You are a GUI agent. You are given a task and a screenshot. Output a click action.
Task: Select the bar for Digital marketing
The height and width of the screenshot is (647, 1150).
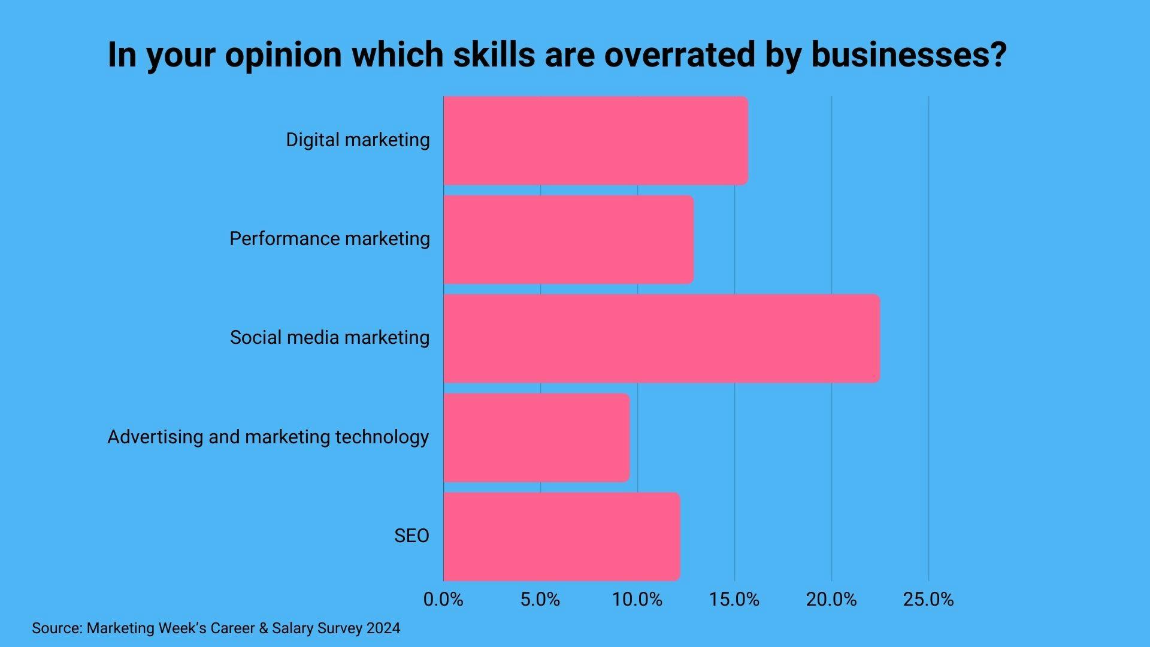tap(595, 140)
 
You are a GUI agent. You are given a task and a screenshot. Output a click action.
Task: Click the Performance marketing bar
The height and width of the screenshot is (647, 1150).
tap(568, 239)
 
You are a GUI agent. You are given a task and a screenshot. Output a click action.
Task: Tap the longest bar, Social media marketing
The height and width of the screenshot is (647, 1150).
tap(661, 338)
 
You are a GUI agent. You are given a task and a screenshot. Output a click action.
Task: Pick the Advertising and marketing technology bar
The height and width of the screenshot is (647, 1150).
tap(536, 437)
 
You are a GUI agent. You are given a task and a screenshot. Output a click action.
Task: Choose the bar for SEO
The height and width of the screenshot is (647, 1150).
tap(561, 536)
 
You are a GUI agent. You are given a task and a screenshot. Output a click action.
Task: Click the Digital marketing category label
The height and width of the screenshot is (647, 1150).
tap(358, 140)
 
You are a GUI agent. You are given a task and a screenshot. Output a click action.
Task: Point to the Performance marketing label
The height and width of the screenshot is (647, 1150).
tap(329, 239)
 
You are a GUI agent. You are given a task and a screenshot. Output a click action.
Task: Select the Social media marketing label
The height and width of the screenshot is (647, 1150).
tap(329, 338)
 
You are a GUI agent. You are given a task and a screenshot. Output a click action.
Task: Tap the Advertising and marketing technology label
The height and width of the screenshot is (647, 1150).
tap(268, 437)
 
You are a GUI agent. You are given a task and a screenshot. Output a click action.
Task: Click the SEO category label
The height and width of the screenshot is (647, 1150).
tap(411, 536)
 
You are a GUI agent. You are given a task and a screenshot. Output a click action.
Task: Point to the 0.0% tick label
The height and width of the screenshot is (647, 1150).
tap(443, 600)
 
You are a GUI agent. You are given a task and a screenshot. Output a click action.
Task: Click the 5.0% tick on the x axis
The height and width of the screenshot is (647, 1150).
tap(540, 600)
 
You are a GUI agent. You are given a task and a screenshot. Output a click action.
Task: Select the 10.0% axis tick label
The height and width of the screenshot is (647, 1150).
tap(637, 600)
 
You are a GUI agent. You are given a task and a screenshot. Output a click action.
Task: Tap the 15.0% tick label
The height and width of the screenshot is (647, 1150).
tap(734, 600)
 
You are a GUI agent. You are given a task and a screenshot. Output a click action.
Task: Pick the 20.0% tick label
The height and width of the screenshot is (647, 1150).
tap(831, 600)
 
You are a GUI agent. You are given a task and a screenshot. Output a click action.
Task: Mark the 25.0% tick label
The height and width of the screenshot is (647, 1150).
tap(928, 600)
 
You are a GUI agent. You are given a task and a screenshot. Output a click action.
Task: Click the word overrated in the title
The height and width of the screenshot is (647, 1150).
tap(680, 55)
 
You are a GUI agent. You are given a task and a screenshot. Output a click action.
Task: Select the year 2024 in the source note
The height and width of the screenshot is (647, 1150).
tap(383, 628)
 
